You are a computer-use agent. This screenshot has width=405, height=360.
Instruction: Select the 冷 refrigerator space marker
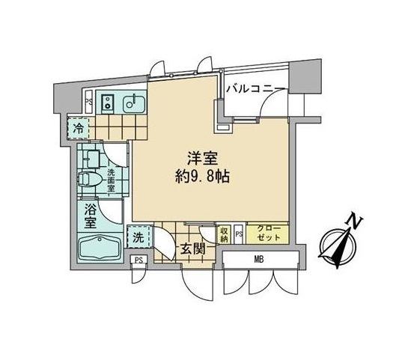79,129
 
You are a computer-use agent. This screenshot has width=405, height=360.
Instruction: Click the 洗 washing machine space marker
138,237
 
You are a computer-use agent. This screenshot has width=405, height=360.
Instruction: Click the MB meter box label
259,260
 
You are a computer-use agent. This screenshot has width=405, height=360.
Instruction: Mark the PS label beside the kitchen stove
88,103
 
